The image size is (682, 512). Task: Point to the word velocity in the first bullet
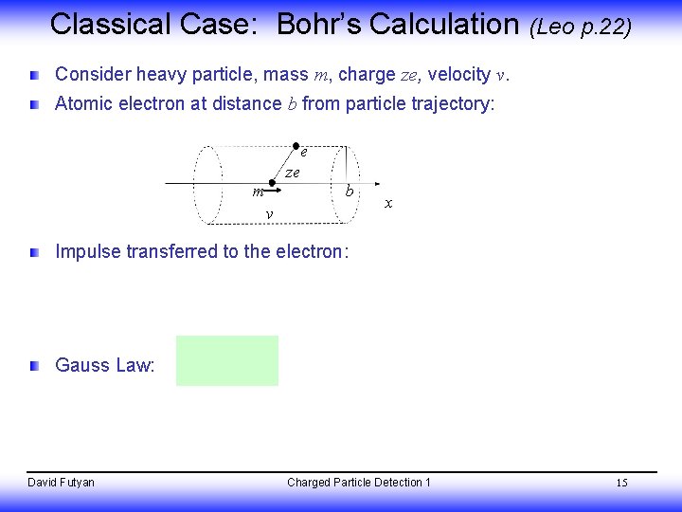pyautogui.click(x=458, y=74)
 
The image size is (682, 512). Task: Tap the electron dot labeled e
pyautogui.click(x=296, y=146)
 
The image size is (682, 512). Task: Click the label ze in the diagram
pyautogui.click(x=292, y=173)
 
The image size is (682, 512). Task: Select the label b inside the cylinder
pyautogui.click(x=350, y=192)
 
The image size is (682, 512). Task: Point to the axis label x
pyautogui.click(x=388, y=203)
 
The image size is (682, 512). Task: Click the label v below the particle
pyautogui.click(x=270, y=214)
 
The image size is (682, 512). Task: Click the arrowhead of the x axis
pyautogui.click(x=378, y=184)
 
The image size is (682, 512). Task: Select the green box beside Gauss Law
pyautogui.click(x=226, y=360)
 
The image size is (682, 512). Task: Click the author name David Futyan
pyautogui.click(x=61, y=483)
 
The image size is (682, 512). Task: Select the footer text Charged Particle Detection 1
pyautogui.click(x=358, y=483)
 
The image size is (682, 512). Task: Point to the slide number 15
pyautogui.click(x=621, y=484)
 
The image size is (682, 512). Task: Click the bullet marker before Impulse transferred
pyautogui.click(x=35, y=252)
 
